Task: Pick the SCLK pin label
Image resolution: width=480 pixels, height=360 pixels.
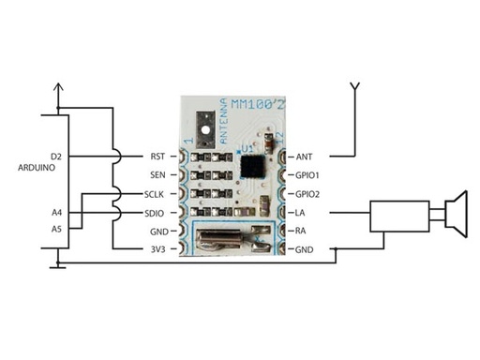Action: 156,194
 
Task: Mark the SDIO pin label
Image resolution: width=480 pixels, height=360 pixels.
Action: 157,213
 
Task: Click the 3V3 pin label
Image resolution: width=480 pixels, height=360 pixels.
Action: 157,249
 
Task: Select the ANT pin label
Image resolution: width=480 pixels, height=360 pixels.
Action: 305,156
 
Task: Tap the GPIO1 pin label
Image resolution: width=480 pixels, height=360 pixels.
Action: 308,174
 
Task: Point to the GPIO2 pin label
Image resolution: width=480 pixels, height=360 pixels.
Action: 308,194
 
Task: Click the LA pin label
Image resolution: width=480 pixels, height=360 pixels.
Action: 302,213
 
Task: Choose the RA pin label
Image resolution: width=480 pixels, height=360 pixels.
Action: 302,231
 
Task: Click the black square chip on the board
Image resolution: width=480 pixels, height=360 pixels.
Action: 251,167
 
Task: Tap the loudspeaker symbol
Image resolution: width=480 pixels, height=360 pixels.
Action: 452,214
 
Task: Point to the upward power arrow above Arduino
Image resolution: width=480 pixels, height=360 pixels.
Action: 59,90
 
